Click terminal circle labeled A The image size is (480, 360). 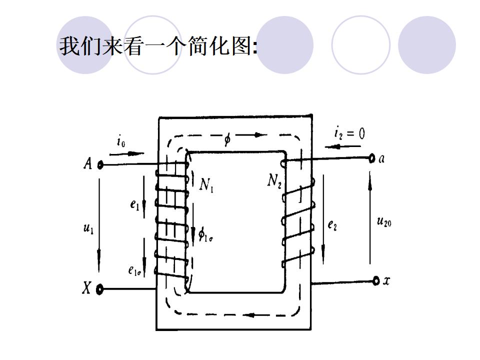click(x=100, y=164)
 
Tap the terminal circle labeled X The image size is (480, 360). click(x=100, y=289)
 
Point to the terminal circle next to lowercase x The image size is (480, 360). click(x=376, y=281)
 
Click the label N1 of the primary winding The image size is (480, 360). click(x=206, y=185)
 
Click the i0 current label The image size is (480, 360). click(x=121, y=142)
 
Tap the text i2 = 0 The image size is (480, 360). click(x=349, y=133)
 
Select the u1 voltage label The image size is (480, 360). click(x=88, y=228)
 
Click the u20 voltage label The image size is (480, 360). click(x=384, y=220)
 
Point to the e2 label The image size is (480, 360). click(x=332, y=225)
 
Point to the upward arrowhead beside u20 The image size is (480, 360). click(x=370, y=177)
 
